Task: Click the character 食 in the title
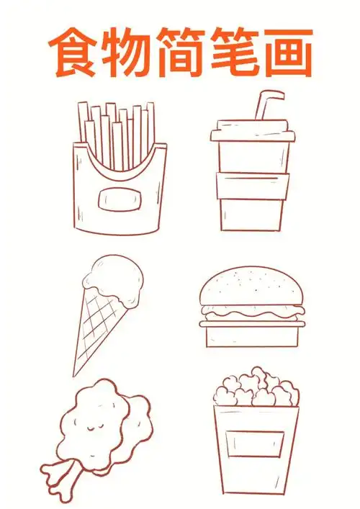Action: pyautogui.click(x=74, y=53)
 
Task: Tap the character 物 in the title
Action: pyautogui.click(x=128, y=53)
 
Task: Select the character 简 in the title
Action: pyautogui.click(x=181, y=53)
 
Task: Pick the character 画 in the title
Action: pyautogui.click(x=287, y=53)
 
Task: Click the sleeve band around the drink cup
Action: pyautogui.click(x=251, y=185)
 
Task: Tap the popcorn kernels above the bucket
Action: pyautogui.click(x=256, y=389)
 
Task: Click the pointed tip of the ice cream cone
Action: pyautogui.click(x=75, y=372)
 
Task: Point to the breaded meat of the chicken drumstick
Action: pyautogui.click(x=101, y=418)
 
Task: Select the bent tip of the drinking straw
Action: pyautogui.click(x=274, y=94)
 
